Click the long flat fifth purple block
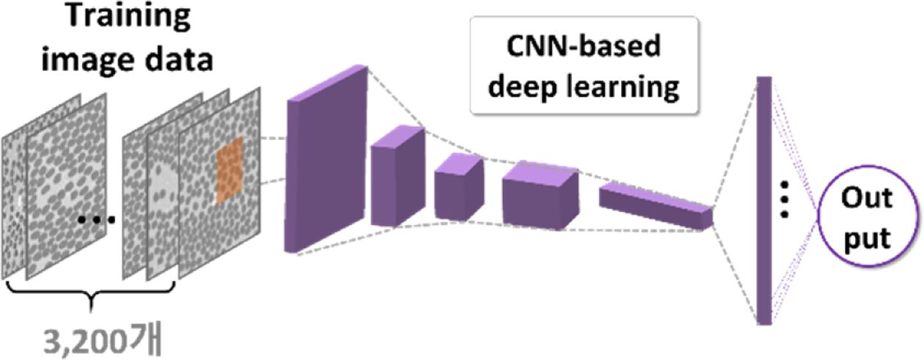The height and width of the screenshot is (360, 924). (655, 205)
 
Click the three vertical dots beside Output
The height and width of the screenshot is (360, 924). (784, 199)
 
